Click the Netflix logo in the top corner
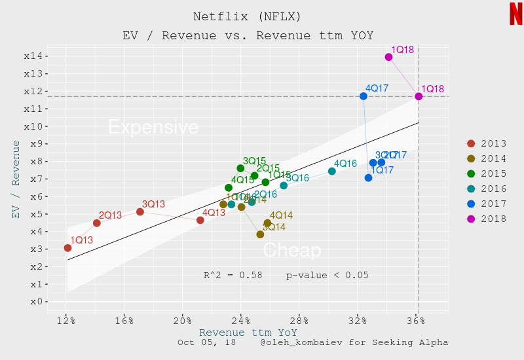515,14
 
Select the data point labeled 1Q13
67,247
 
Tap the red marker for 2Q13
97,223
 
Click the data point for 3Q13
140,212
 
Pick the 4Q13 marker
200,220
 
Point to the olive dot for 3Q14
260,234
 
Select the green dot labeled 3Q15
240,168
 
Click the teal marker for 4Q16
332,171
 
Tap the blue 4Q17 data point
364,96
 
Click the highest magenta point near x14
388,57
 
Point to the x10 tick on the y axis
33,126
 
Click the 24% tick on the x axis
240,321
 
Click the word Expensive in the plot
153,127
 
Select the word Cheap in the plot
292,251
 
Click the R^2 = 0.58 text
233,276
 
